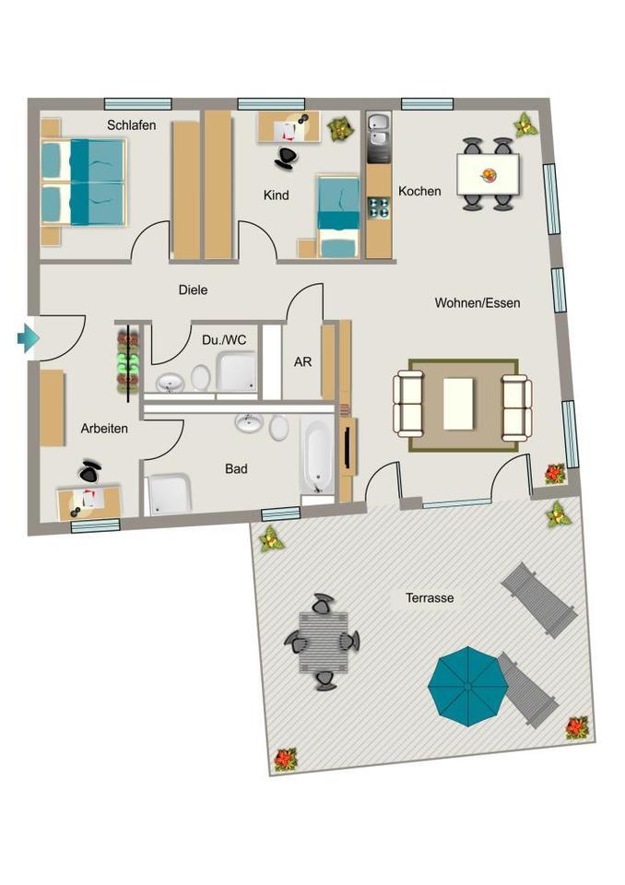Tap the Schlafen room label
click(x=131, y=125)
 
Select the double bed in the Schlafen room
click(x=84, y=182)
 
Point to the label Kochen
click(x=419, y=192)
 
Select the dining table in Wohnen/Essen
click(x=488, y=174)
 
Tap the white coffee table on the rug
click(x=459, y=404)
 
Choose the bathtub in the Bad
click(x=316, y=457)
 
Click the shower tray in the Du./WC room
click(x=237, y=372)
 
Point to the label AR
click(x=302, y=362)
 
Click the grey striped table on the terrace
click(x=322, y=642)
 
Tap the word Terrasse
click(x=430, y=598)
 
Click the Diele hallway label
click(x=193, y=289)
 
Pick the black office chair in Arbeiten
click(x=89, y=472)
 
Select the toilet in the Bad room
click(x=278, y=427)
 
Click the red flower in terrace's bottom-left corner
click(x=285, y=759)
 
